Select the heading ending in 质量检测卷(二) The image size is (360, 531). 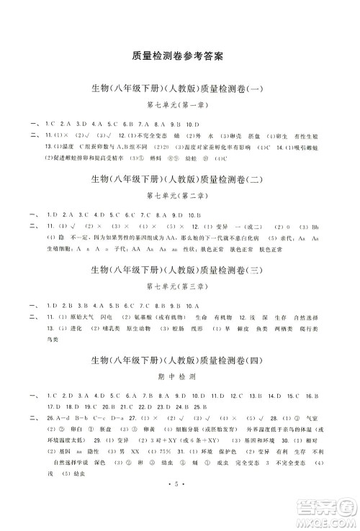[178, 178]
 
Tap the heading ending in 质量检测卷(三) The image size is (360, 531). [178, 270]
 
